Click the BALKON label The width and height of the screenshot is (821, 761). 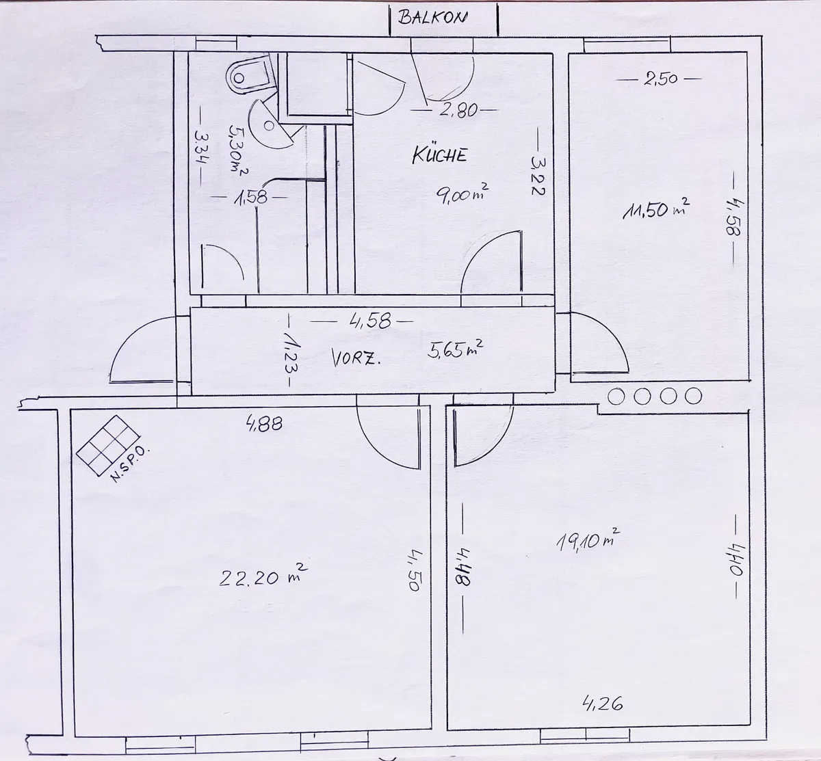tap(432, 18)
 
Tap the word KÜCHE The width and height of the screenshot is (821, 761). tap(440, 155)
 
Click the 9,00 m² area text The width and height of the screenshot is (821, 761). tap(462, 194)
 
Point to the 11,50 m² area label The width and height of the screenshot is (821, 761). tap(656, 209)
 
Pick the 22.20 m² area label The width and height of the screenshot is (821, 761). tap(263, 575)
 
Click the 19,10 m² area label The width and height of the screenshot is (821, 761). tap(588, 539)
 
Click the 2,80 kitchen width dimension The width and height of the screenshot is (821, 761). tap(458, 110)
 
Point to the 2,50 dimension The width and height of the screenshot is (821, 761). tap(661, 79)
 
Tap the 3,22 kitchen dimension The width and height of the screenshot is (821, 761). tap(538, 175)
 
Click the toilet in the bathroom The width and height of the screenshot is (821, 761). tap(250, 76)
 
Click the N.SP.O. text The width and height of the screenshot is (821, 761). tap(129, 464)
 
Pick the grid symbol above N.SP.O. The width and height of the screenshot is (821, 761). tap(109, 445)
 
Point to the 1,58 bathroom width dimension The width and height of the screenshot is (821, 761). tap(250, 198)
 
